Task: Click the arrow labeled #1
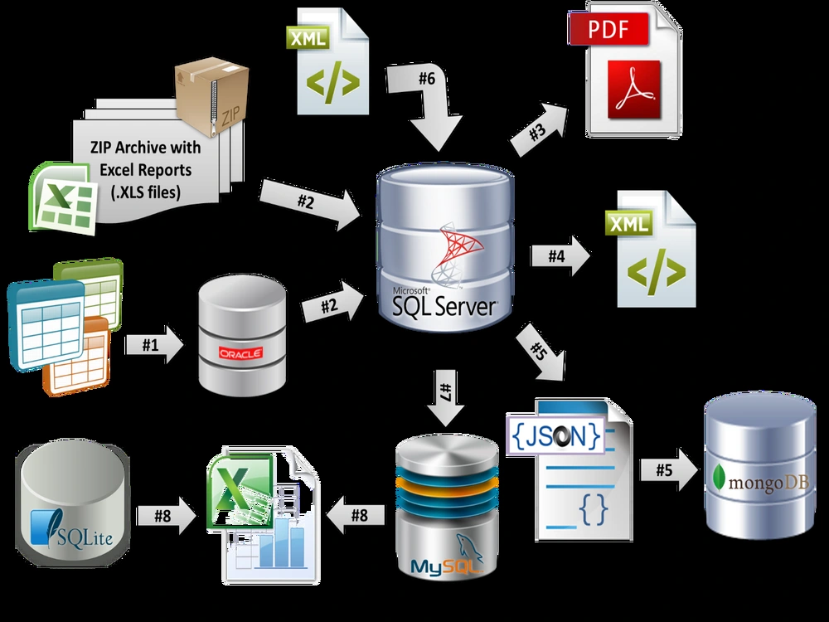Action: coord(154,345)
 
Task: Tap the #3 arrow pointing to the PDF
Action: coord(539,129)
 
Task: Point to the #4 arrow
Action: coord(560,256)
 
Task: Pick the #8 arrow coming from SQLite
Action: coord(166,516)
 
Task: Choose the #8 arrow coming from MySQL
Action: coord(356,515)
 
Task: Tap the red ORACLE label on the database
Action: coord(241,353)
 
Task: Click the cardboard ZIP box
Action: coord(212,97)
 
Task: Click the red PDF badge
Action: coord(608,28)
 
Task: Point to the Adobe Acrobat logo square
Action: coord(634,90)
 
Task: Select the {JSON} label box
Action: coord(555,436)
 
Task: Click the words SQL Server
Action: coord(444,306)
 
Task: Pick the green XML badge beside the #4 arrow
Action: coord(629,223)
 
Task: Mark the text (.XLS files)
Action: coord(145,192)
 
